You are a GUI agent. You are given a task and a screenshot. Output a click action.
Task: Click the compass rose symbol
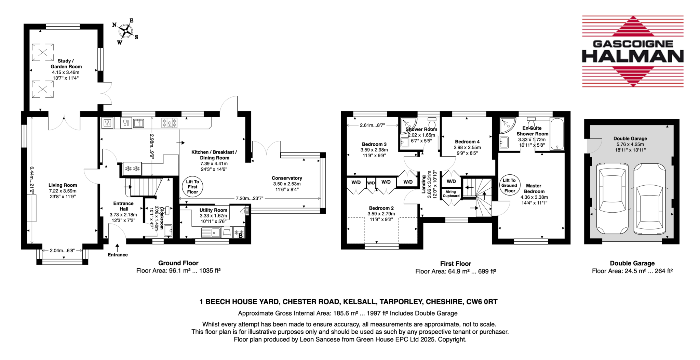[x=125, y=31]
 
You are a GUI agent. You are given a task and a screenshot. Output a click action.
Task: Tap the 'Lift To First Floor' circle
[x=192, y=187]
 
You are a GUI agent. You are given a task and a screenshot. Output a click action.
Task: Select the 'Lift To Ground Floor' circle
[x=510, y=185]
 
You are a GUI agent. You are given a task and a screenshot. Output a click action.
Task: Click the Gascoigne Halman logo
[x=633, y=51]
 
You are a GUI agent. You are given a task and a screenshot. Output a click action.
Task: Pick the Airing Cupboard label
[x=451, y=194]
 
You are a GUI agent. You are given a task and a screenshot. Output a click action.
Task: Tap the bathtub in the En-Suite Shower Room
[x=557, y=134]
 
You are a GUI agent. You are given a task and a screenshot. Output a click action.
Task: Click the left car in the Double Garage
[x=612, y=198]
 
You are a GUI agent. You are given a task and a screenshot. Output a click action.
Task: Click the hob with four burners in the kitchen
[x=169, y=122]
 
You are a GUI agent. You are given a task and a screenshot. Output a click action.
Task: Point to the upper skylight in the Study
[x=43, y=52]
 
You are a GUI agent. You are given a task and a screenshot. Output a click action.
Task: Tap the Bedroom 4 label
[x=467, y=142]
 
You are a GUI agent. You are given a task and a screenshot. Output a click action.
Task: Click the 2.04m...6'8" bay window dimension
[x=62, y=251]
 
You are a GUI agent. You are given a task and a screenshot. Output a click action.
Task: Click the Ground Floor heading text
[x=178, y=263]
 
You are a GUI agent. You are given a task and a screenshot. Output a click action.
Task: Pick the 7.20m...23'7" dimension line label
[x=249, y=198]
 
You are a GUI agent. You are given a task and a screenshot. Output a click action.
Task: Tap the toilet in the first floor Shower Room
[x=432, y=122]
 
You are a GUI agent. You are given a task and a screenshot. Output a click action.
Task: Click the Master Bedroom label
[x=534, y=189]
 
